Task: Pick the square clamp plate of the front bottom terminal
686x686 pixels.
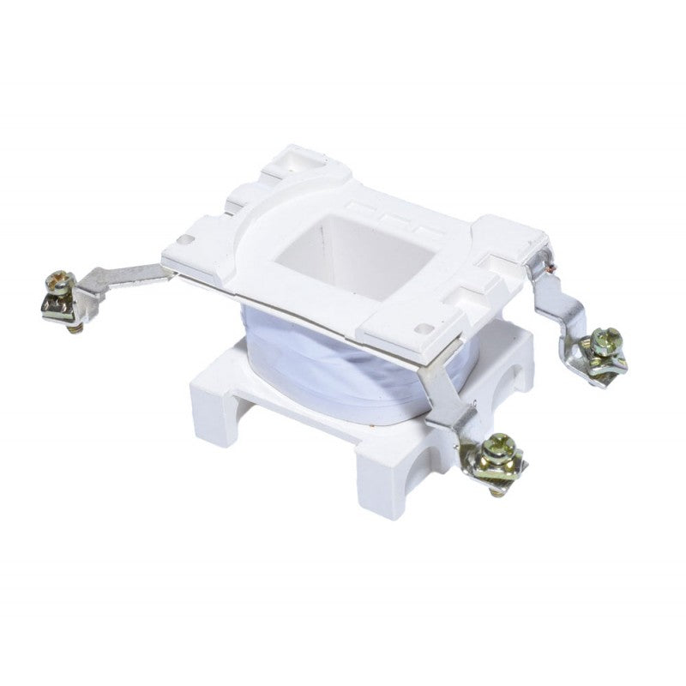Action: click(496, 468)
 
